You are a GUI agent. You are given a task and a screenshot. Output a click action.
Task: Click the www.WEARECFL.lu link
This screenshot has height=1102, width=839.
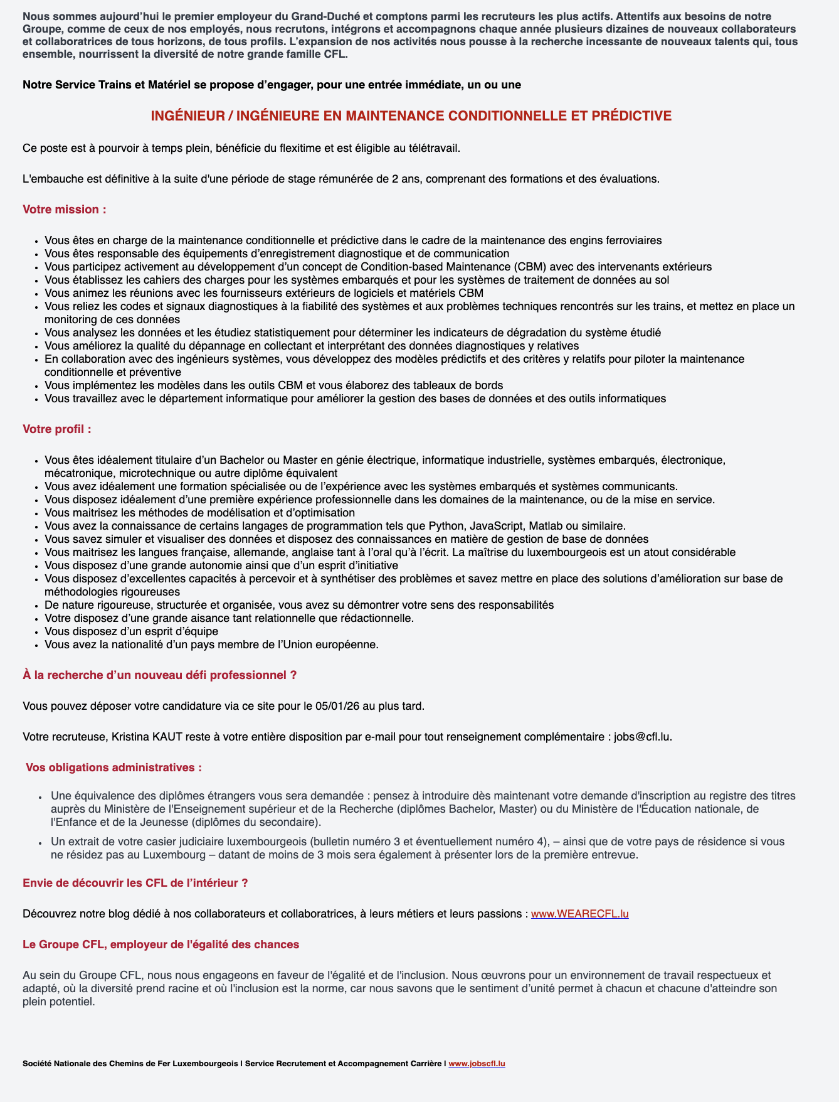point(579,914)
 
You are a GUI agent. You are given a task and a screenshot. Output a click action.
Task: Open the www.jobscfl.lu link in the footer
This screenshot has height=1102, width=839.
point(477,1063)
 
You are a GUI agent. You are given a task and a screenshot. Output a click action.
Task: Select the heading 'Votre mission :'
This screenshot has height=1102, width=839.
point(65,210)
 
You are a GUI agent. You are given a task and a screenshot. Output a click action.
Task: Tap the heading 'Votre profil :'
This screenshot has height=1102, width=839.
point(57,429)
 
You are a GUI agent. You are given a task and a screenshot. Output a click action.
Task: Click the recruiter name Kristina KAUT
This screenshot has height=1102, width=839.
point(147,737)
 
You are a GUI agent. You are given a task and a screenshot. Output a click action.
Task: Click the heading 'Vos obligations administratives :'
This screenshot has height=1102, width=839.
point(113,768)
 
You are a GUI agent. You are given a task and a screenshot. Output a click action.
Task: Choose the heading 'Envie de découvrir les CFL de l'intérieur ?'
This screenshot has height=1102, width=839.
point(135,883)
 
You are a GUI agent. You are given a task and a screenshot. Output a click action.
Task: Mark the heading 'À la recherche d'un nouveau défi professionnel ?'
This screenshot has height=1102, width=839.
point(159,675)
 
